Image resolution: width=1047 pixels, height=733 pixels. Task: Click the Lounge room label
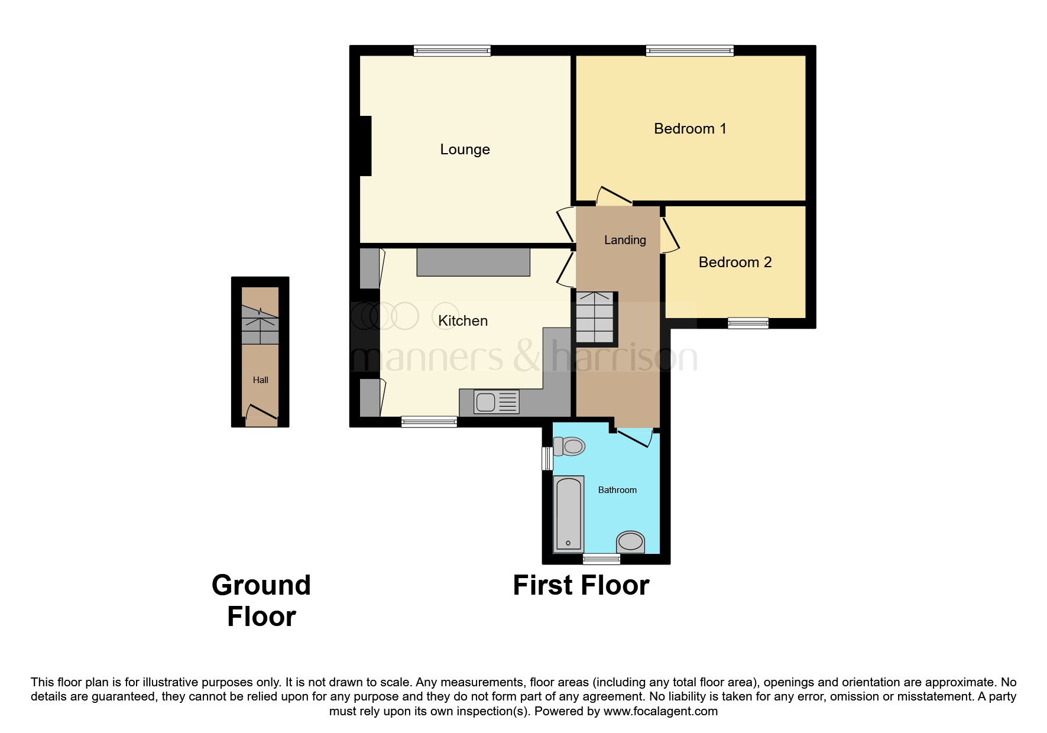pos(465,150)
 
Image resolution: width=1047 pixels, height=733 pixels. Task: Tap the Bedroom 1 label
pos(689,129)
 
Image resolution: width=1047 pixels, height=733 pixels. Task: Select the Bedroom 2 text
pos(735,262)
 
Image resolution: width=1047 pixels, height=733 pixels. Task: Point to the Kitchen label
pos(462,321)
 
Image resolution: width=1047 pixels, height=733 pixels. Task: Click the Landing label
pos(625,240)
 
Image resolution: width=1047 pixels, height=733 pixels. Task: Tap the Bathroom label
pos(617,490)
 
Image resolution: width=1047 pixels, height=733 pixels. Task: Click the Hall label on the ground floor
pos(260,380)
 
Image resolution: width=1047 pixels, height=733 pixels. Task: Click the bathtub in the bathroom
pos(568,514)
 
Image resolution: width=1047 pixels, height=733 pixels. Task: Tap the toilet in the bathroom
pos(569,446)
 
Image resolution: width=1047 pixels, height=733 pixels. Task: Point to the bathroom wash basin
pos(630,541)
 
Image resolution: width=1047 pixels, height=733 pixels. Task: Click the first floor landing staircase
pos(595,318)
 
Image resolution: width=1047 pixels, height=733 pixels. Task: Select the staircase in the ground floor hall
pos(260,325)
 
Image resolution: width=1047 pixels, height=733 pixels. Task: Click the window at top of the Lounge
pos(452,51)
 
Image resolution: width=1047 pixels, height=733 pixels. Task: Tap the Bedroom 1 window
pos(689,51)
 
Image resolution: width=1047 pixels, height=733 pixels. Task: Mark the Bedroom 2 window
pos(748,323)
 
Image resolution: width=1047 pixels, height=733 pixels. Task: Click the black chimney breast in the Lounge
pos(365,146)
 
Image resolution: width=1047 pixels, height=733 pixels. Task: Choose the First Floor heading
pos(581,585)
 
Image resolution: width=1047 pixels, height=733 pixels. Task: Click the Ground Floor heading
pos(261,601)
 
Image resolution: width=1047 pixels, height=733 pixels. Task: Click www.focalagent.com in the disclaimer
pos(660,711)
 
